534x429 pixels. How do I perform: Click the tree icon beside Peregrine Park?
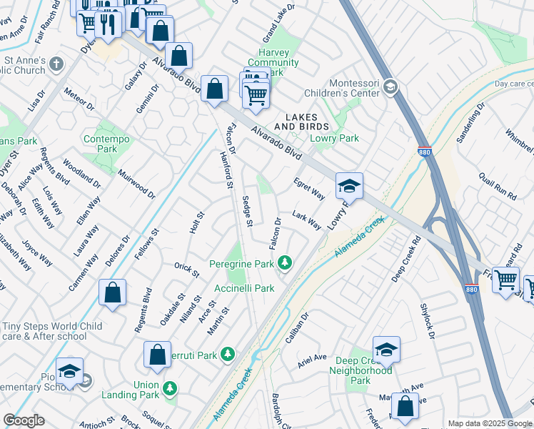285,264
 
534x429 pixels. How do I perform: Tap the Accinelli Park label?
244,288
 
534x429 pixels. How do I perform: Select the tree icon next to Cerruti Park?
227,355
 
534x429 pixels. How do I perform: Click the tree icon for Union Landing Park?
170,388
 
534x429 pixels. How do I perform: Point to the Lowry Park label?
334,138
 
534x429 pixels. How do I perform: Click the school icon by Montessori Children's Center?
390,87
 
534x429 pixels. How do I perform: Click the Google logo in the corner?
24,420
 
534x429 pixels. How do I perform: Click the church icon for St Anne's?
56,66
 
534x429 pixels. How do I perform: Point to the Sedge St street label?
248,212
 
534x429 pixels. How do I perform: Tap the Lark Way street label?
306,220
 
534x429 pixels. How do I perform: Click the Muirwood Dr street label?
136,183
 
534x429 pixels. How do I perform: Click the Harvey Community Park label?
273,62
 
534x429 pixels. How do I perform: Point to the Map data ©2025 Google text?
490,423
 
